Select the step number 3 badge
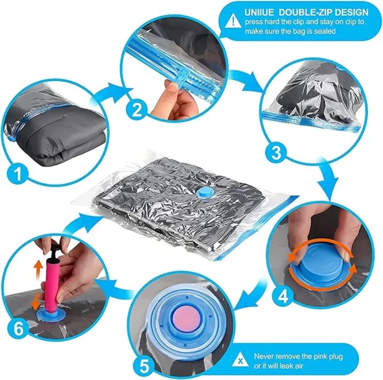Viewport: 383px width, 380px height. [275, 153]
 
